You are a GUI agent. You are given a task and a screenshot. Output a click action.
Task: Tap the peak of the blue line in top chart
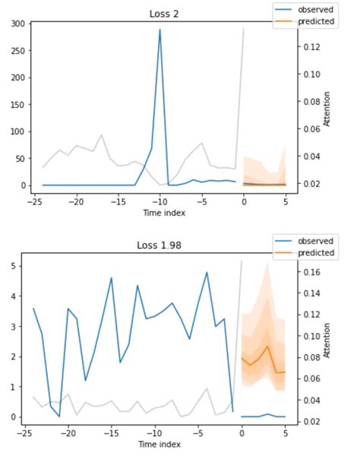click(x=159, y=30)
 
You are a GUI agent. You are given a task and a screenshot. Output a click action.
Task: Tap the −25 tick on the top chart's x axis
click(x=34, y=203)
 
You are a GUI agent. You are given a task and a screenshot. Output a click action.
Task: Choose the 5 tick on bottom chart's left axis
click(x=17, y=267)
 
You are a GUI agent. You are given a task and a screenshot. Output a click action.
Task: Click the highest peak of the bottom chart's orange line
click(x=267, y=346)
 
